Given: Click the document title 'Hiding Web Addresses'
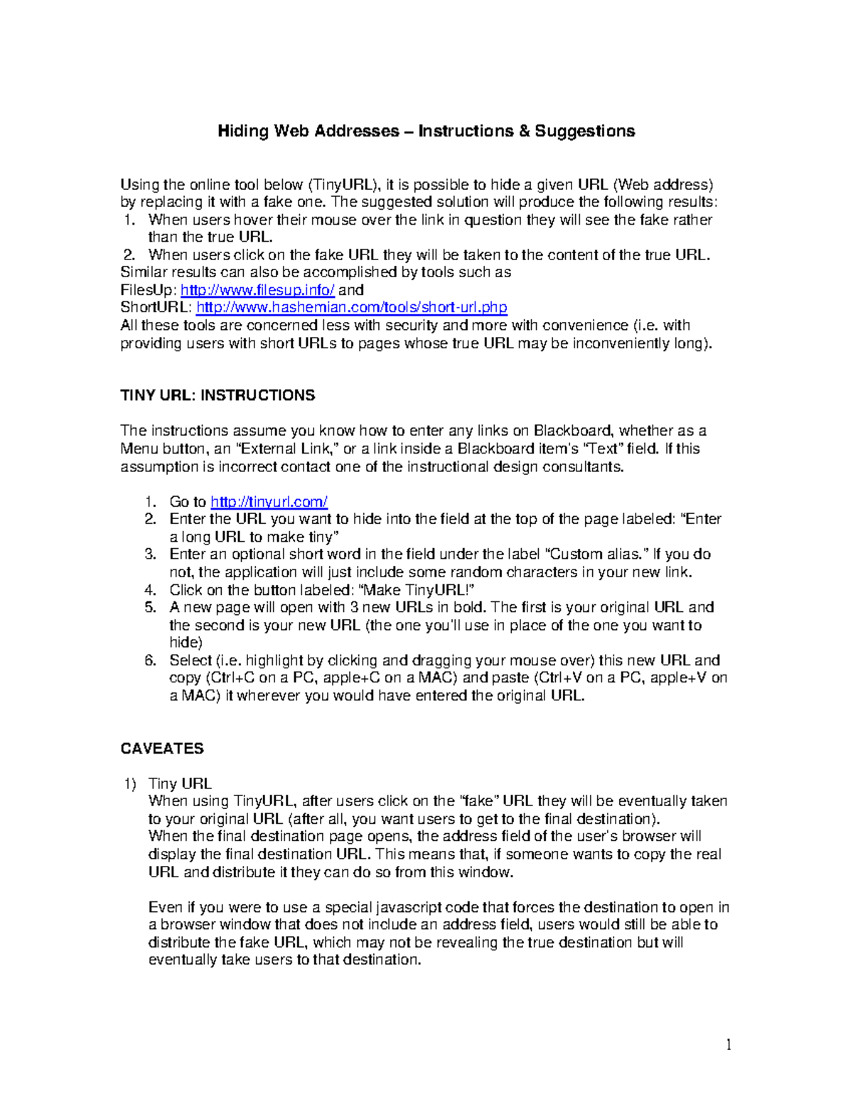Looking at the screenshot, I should pos(309,131).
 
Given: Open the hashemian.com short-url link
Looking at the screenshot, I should pos(351,308).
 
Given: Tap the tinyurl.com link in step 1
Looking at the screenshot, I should pos(269,502).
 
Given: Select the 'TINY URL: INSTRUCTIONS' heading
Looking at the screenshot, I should pos(218,395).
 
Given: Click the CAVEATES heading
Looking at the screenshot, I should pos(162,749).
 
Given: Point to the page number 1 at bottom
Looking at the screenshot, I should pos(728,1044).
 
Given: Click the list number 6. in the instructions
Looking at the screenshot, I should pos(150,660).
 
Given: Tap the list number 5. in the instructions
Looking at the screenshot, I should pos(150,608).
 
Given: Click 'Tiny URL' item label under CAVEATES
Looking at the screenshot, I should pos(180,784).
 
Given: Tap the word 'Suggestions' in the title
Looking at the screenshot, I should pos(584,131).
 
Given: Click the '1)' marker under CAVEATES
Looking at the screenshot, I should pos(130,784).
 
